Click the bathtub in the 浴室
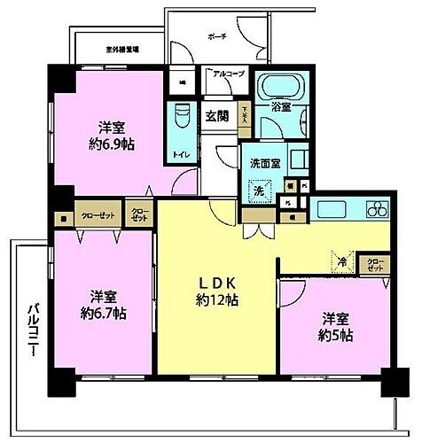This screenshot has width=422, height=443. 280,89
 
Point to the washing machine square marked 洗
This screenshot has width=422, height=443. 260,190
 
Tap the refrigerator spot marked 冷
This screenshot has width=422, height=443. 340,262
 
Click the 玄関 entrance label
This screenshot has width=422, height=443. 218,115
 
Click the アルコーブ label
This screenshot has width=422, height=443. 226,75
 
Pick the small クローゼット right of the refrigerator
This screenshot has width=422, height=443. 375,264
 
